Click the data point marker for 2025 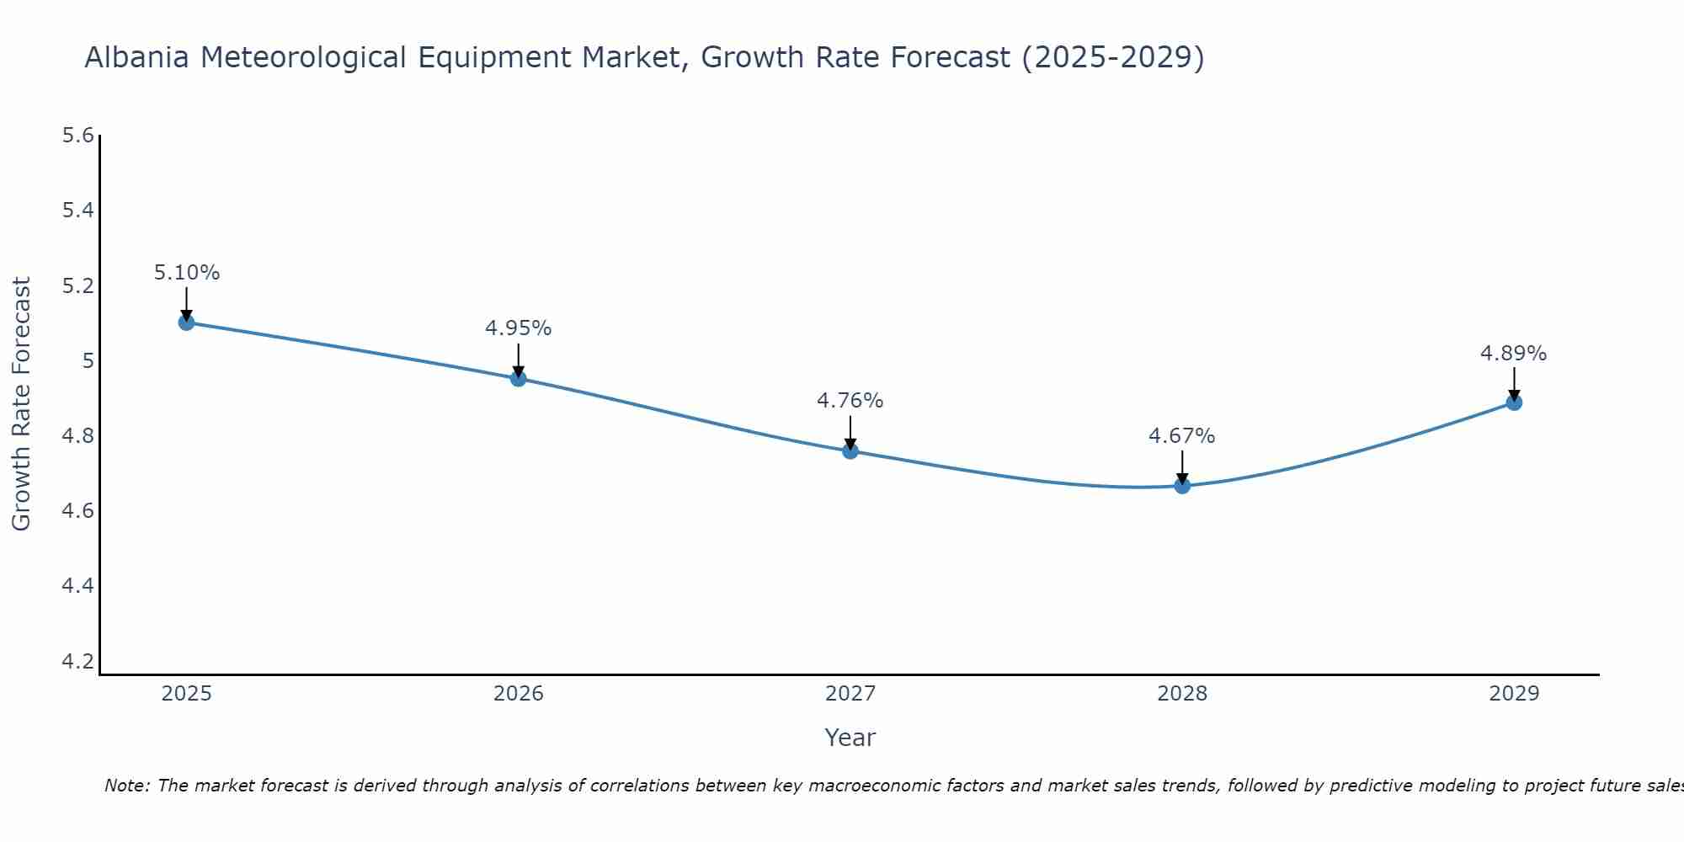[186, 322]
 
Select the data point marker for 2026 [518, 378]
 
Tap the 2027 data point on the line [850, 450]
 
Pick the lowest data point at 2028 [1182, 485]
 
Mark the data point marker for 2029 [1514, 402]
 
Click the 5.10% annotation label [186, 273]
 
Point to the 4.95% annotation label [518, 328]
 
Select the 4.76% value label [850, 401]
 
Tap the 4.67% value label [1182, 436]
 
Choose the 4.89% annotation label [1514, 354]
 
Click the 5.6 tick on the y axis [77, 136]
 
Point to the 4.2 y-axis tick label [77, 661]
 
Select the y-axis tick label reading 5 [87, 361]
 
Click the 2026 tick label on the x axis [518, 694]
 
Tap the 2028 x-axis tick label [1182, 694]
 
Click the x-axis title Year [850, 738]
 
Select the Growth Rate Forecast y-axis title [21, 404]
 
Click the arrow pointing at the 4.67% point [1182, 467]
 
